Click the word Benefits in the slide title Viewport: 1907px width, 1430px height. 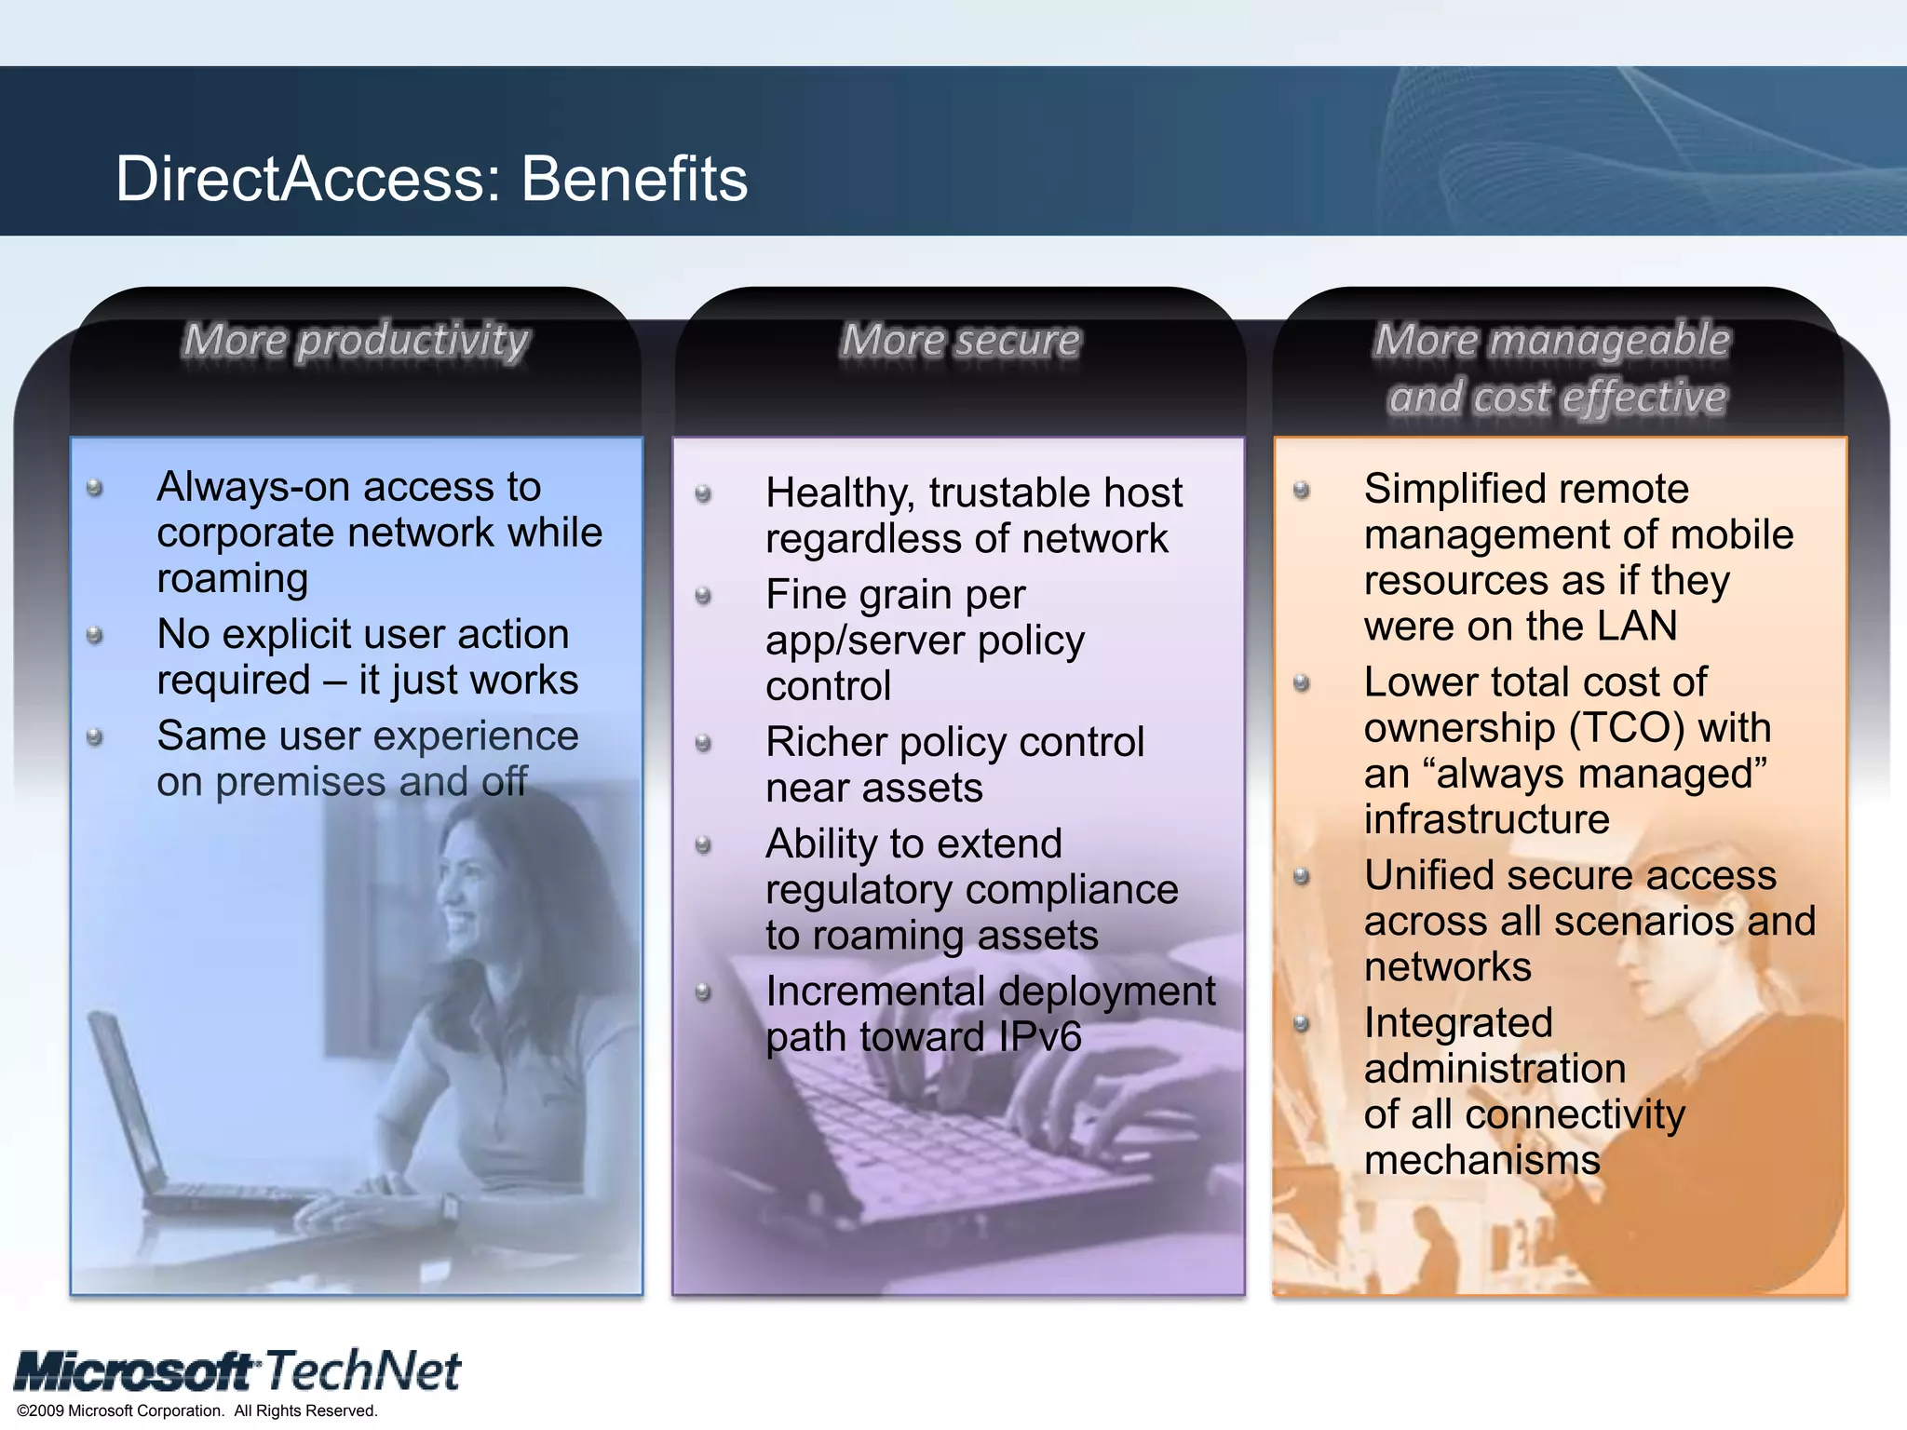pyautogui.click(x=634, y=179)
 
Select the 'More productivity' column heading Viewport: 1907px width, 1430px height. pyautogui.click(x=356, y=341)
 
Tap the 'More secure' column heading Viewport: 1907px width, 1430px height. pyautogui.click(x=960, y=341)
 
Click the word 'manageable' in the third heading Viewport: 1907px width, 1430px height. pyautogui.click(x=1609, y=341)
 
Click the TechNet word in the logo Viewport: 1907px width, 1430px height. pyautogui.click(x=363, y=1370)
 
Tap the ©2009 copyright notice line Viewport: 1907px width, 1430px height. pyautogui.click(x=197, y=1410)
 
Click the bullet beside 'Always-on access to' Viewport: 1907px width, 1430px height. pyautogui.click(x=94, y=488)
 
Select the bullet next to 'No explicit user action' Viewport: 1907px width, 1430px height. pyautogui.click(x=94, y=636)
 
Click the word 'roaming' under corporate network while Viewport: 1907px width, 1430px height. pyautogui.click(x=233, y=579)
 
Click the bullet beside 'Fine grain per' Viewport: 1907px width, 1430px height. pyautogui.click(x=704, y=596)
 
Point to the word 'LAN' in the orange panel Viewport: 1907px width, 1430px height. pyautogui.click(x=1637, y=626)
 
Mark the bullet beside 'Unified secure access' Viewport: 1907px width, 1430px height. pyautogui.click(x=1302, y=877)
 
